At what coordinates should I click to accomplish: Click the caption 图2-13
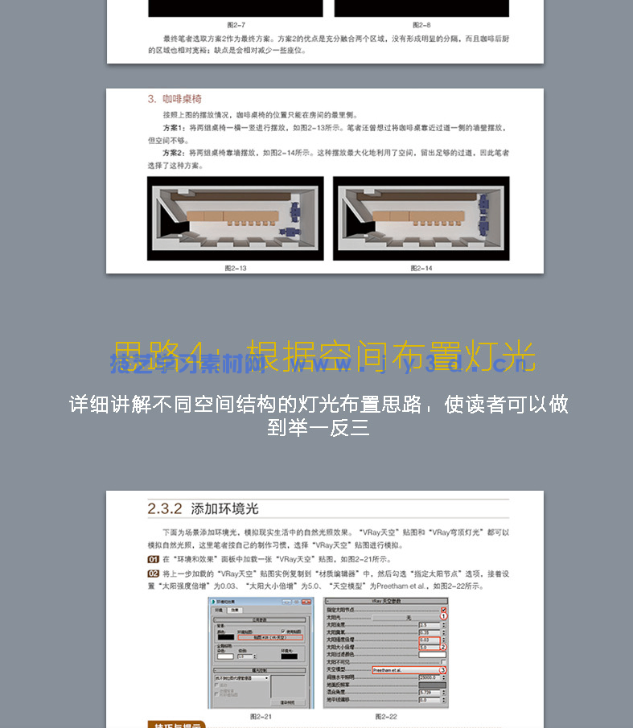tap(236, 268)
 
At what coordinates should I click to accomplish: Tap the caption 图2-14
tap(421, 268)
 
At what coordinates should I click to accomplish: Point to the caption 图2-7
tap(236, 25)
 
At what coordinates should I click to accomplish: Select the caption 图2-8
tap(421, 25)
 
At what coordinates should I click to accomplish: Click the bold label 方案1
tap(174, 128)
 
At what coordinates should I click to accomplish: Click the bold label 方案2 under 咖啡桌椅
tap(174, 152)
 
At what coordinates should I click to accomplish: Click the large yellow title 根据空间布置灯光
tap(391, 356)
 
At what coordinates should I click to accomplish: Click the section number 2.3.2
tap(165, 509)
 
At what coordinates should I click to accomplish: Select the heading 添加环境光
tap(224, 509)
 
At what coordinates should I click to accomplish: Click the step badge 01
tap(153, 559)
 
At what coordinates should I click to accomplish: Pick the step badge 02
tap(153, 574)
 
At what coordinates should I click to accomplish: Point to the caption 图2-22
tap(386, 716)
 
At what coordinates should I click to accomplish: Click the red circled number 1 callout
tap(442, 616)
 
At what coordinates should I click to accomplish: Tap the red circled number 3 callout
tap(442, 669)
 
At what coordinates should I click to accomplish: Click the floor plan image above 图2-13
tap(236, 219)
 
